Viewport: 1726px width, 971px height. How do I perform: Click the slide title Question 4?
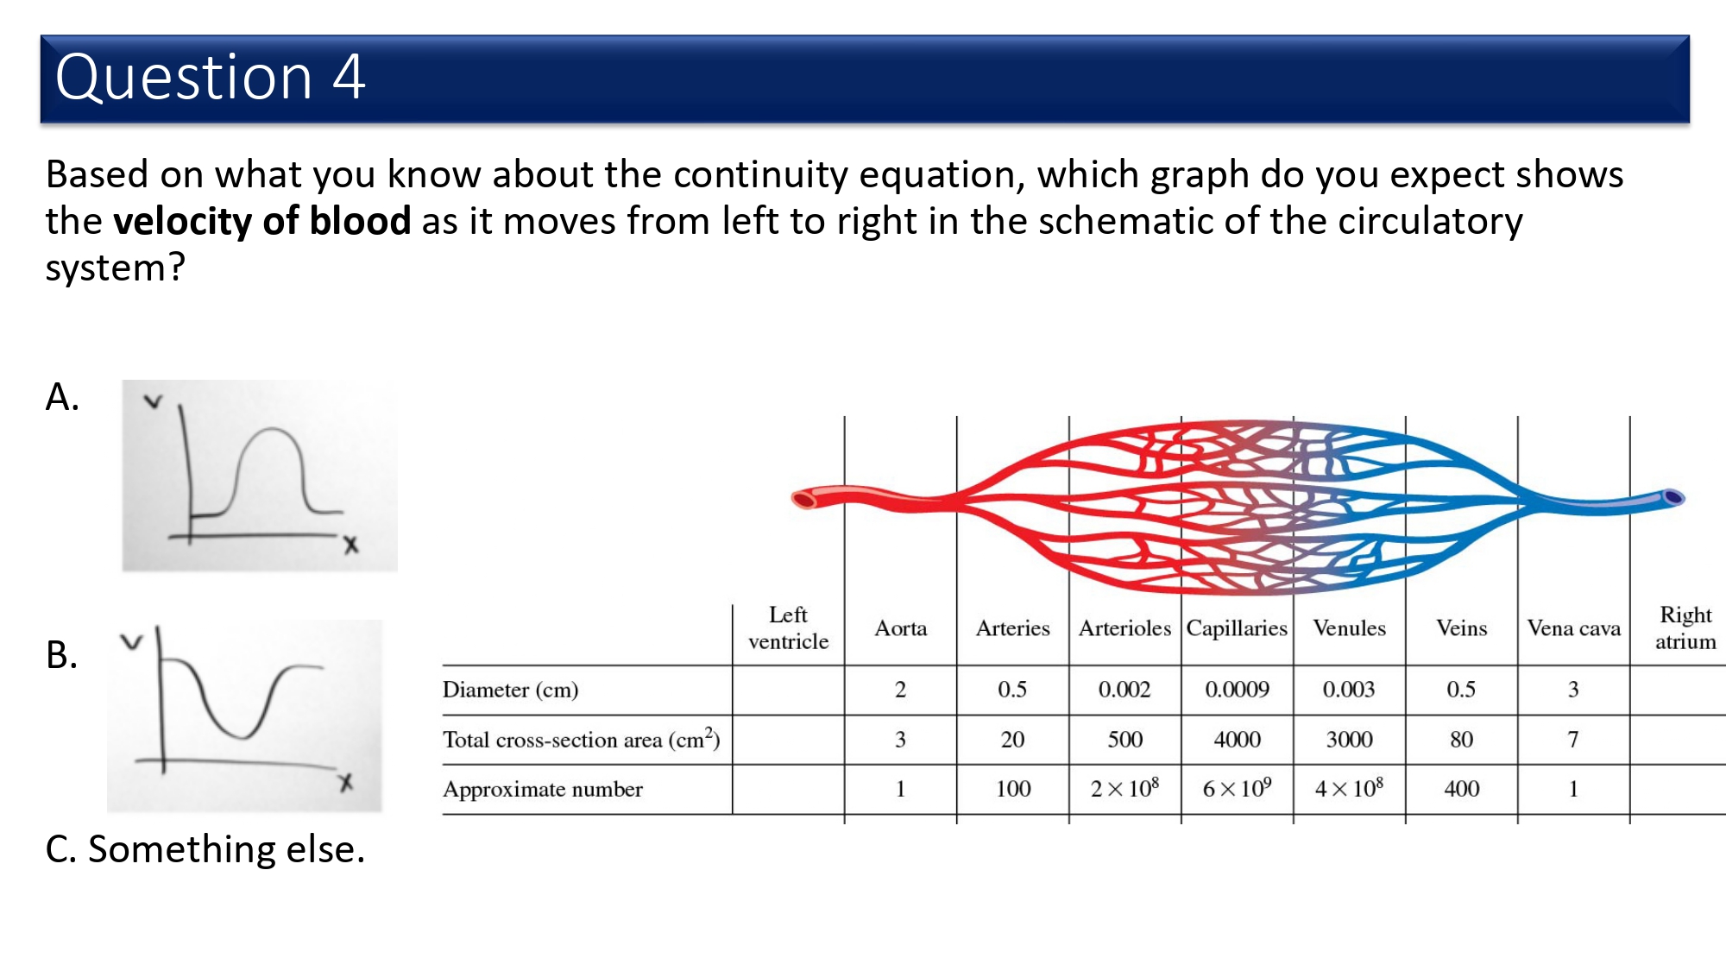click(210, 77)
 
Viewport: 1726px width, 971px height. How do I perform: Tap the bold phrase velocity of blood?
click(262, 221)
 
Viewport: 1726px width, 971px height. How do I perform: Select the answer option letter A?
click(62, 397)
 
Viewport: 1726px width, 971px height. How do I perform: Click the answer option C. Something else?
click(205, 849)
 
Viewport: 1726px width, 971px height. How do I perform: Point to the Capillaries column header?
click(1237, 628)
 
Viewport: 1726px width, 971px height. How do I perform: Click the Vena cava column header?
click(1573, 628)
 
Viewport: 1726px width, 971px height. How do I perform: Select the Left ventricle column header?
click(788, 627)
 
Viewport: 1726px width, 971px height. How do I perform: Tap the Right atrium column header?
click(1685, 627)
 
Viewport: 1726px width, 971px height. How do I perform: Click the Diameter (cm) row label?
click(510, 690)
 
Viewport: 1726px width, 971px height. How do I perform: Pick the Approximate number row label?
click(543, 789)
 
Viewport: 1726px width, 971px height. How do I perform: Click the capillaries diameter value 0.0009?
click(1237, 690)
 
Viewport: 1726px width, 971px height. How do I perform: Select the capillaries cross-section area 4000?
click(1237, 740)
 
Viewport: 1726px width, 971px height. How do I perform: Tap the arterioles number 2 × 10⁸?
click(1124, 788)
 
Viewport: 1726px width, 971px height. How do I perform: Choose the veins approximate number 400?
click(1461, 789)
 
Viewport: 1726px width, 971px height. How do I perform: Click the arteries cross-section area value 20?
click(1012, 740)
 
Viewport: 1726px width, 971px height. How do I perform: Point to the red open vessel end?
click(804, 499)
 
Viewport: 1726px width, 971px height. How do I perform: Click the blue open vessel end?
click(1673, 497)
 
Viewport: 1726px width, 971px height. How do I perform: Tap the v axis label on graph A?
click(154, 401)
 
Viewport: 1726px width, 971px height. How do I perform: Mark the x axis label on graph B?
click(346, 783)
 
